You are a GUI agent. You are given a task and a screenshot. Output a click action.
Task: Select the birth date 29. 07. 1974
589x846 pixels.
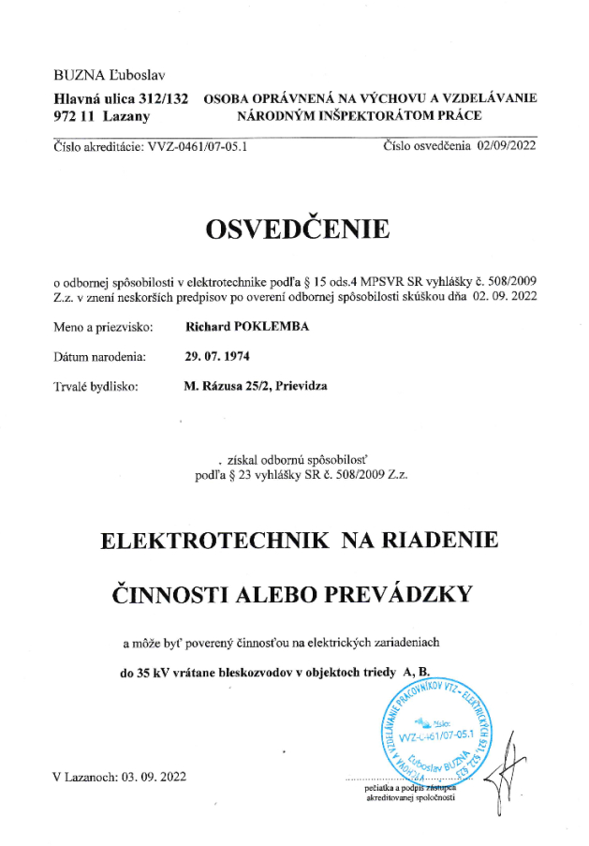click(x=218, y=357)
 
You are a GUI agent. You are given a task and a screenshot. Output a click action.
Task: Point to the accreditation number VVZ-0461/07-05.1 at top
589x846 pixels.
click(x=194, y=146)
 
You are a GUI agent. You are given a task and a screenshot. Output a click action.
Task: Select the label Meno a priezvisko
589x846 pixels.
click(x=99, y=328)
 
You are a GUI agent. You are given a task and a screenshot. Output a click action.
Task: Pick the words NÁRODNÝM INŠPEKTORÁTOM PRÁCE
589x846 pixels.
click(x=361, y=116)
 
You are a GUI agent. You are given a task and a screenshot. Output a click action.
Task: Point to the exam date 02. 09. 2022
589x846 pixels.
click(x=505, y=296)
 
